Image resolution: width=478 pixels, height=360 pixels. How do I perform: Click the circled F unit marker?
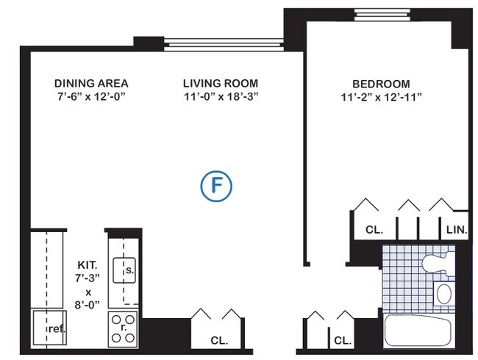pyautogui.click(x=217, y=186)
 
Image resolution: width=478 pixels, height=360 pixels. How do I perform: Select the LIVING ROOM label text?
pyautogui.click(x=221, y=83)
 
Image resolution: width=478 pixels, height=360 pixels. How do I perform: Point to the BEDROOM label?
pyautogui.click(x=380, y=84)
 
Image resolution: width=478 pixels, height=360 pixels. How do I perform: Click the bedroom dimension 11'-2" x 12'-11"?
pyautogui.click(x=380, y=97)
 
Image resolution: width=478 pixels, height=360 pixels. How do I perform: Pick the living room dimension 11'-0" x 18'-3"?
pyautogui.click(x=221, y=96)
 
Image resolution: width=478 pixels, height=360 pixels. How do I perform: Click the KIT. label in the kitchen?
pyautogui.click(x=88, y=265)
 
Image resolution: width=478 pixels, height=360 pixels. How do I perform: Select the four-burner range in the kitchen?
pyautogui.click(x=123, y=329)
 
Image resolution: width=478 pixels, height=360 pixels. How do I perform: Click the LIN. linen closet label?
pyautogui.click(x=457, y=230)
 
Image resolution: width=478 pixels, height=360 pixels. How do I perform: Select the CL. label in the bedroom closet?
pyautogui.click(x=374, y=230)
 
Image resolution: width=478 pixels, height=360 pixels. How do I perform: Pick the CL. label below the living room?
pyautogui.click(x=218, y=341)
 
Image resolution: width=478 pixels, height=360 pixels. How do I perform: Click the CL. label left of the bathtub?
pyautogui.click(x=341, y=341)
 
